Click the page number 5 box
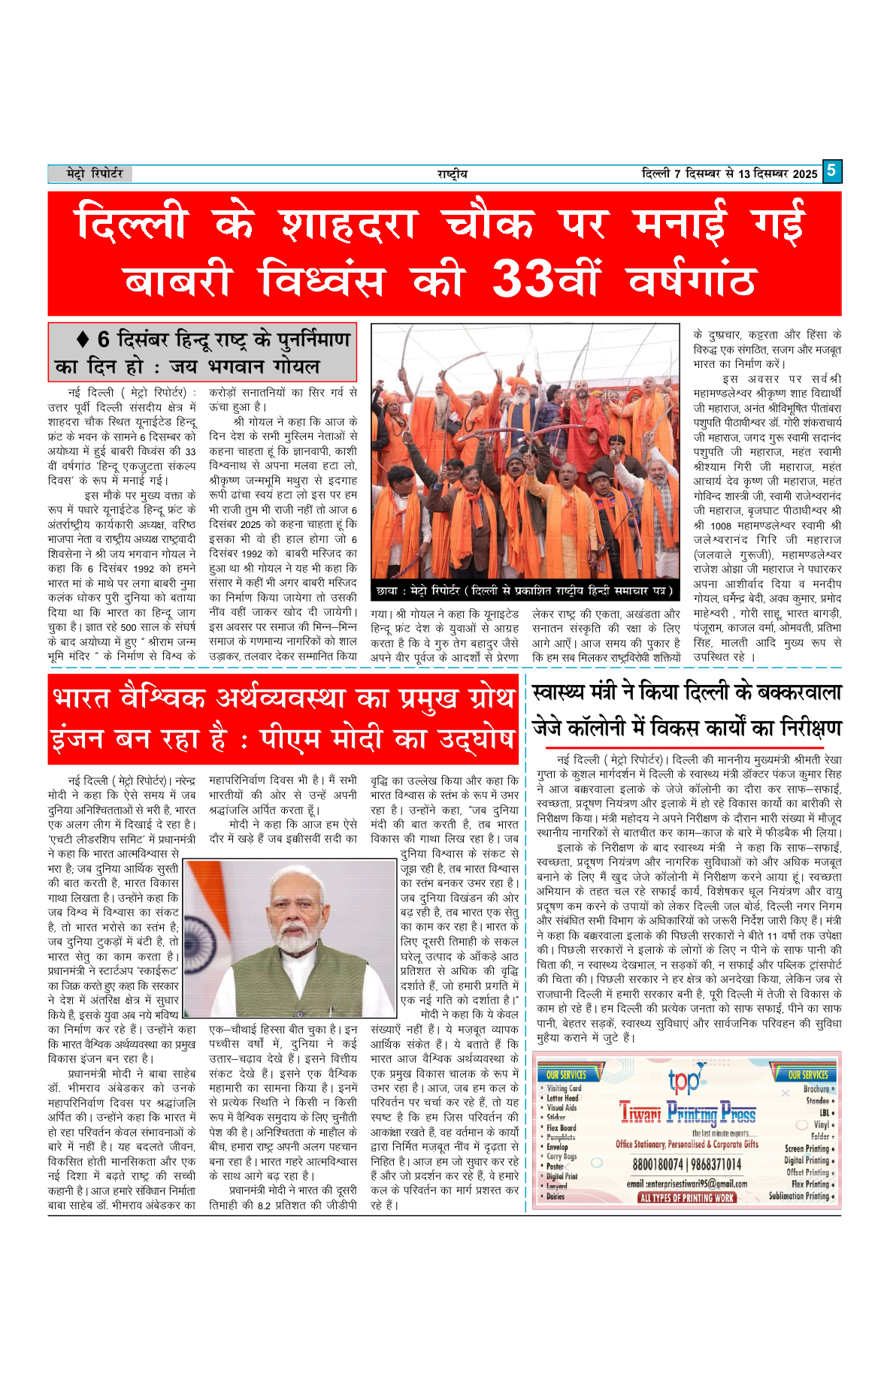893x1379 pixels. point(831,170)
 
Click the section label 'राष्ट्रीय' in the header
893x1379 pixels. point(452,174)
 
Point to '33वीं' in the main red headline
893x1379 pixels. point(546,279)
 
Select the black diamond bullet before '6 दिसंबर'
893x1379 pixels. point(83,339)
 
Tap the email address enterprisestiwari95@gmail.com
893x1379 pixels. point(686,1183)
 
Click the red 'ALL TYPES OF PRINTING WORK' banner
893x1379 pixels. point(686,1197)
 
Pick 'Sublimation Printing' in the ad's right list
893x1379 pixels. point(799,1196)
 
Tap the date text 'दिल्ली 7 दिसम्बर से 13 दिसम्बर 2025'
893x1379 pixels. point(729,174)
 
